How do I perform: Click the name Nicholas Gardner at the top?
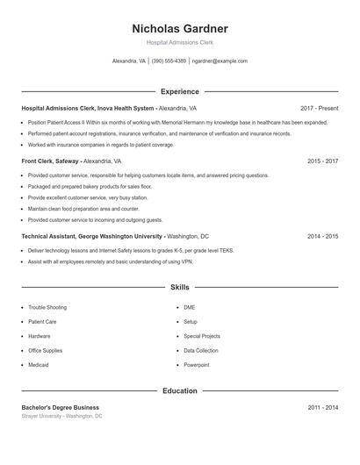tap(180, 29)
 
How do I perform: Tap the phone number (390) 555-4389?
tap(169, 61)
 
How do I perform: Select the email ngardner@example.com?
tap(220, 61)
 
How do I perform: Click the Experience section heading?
tap(180, 91)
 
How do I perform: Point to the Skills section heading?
tap(180, 287)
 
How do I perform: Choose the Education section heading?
tap(180, 390)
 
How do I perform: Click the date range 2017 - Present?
tap(319, 108)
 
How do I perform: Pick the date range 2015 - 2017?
tap(322, 161)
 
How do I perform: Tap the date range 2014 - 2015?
tap(322, 236)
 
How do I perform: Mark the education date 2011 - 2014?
tap(322, 407)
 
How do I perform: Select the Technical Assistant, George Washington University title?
tap(92, 236)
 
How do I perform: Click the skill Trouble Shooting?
tap(47, 308)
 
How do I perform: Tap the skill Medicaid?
tap(39, 364)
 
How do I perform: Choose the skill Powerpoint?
tap(197, 364)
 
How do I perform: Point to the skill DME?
tap(190, 308)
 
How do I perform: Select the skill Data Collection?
tap(201, 350)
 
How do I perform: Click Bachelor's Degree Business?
tap(60, 407)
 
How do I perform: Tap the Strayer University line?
tap(61, 416)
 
